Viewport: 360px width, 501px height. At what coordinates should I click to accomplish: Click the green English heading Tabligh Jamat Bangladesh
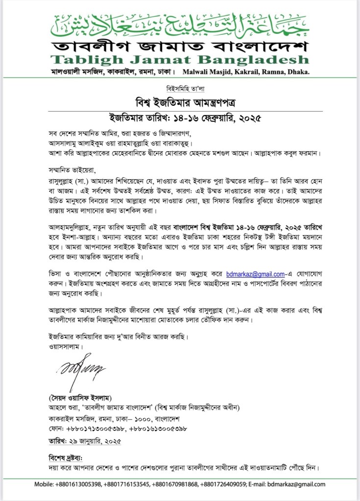pos(180,60)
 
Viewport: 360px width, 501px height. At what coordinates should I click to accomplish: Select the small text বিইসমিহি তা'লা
pos(180,91)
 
